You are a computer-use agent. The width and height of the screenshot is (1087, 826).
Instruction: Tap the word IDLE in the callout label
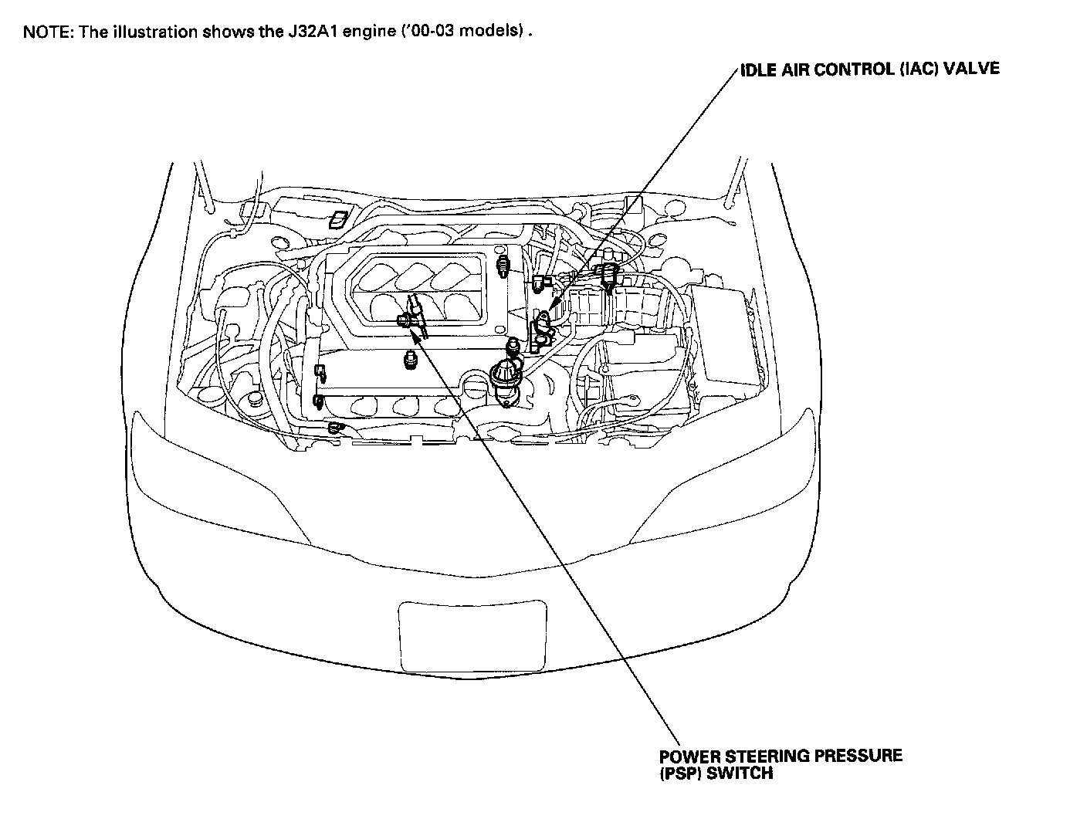point(758,69)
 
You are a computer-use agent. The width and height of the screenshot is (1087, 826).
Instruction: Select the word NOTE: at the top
point(48,32)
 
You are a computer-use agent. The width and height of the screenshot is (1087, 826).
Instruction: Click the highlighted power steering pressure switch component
point(409,317)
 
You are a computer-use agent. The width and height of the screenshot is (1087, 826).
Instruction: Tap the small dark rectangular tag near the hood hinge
point(338,219)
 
